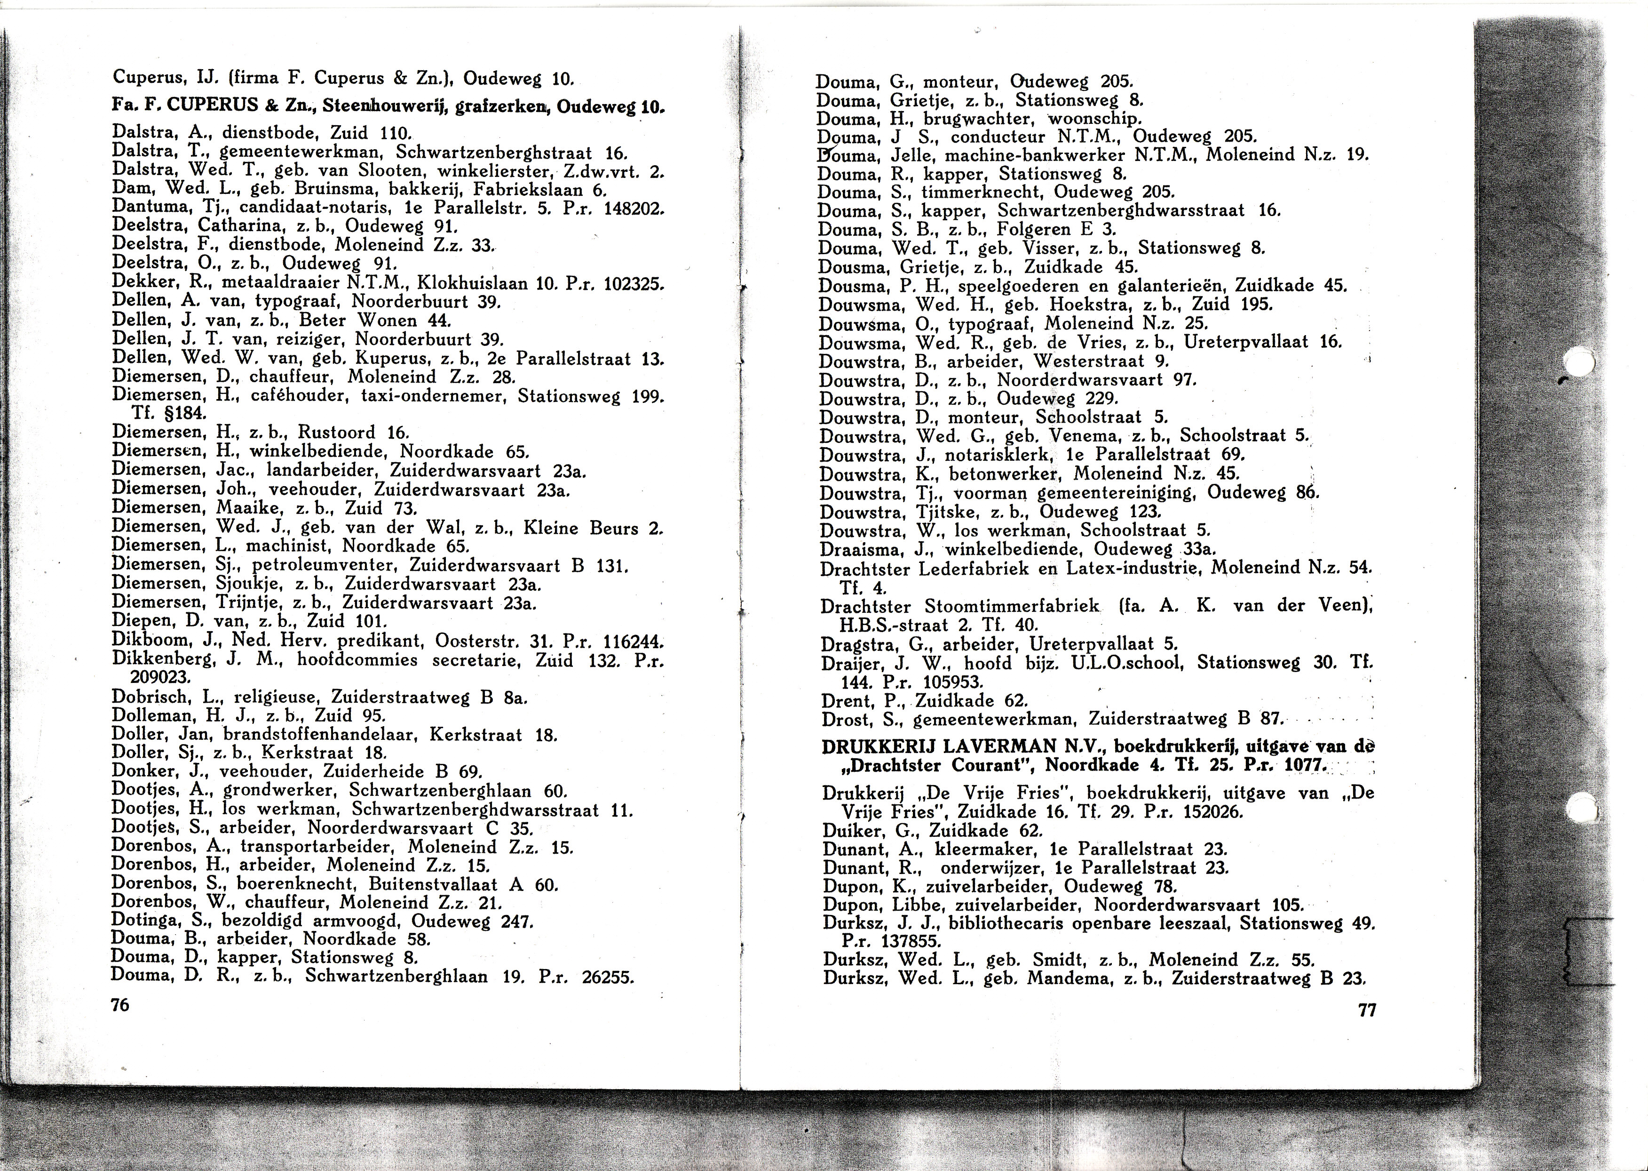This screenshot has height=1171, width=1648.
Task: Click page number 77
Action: [1367, 1010]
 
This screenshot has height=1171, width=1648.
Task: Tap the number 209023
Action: [160, 678]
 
